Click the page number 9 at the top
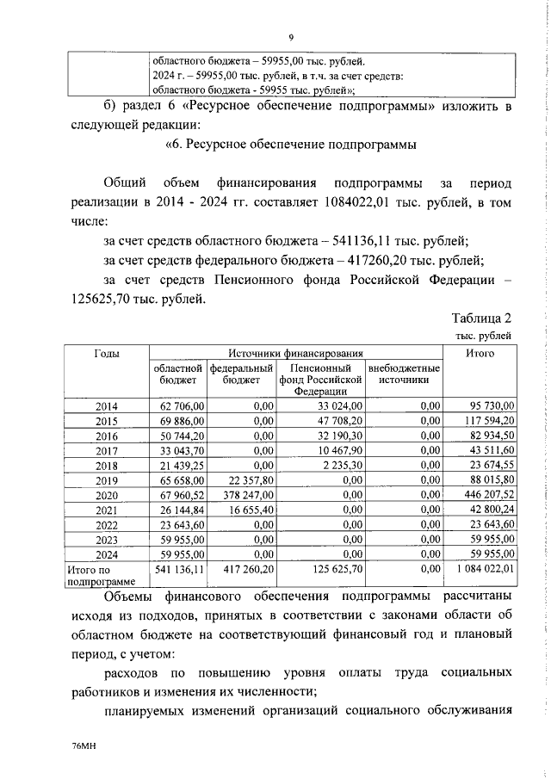(x=292, y=37)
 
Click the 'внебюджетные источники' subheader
(x=403, y=374)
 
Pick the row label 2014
(x=107, y=405)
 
